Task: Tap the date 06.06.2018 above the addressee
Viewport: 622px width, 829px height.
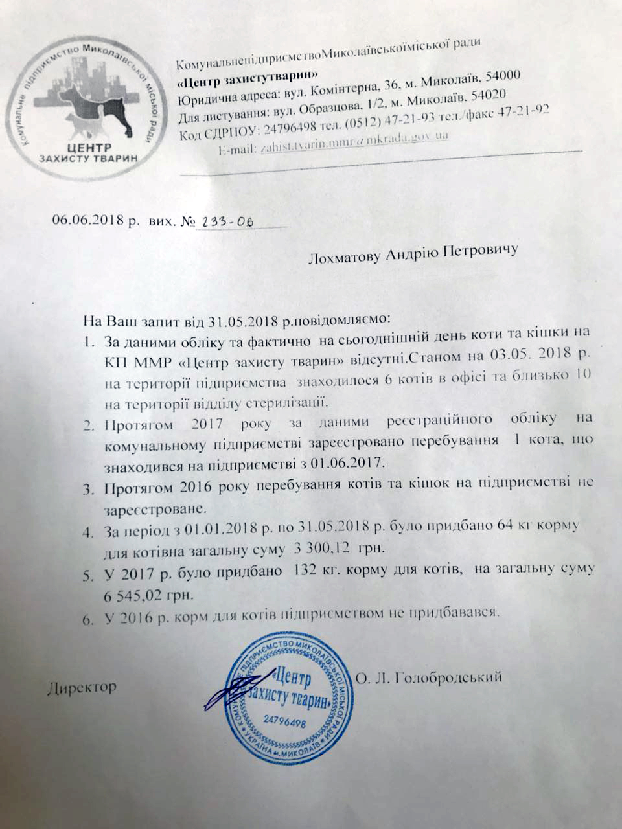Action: click(89, 220)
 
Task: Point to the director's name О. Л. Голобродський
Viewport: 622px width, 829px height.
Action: click(430, 678)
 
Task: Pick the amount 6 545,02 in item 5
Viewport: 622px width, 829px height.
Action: click(135, 595)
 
